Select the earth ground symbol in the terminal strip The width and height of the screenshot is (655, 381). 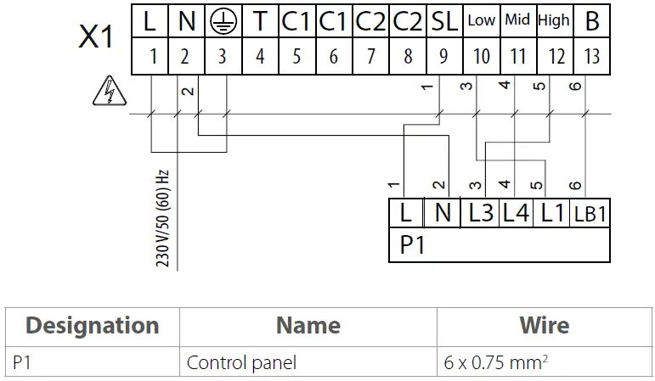point(223,22)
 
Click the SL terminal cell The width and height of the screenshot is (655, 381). point(443,22)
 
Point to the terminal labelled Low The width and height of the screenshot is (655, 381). point(481,21)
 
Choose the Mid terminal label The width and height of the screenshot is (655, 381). point(517,20)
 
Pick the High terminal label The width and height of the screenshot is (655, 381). point(554,20)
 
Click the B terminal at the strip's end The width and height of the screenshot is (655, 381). point(592,22)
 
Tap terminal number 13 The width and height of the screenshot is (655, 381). point(592,56)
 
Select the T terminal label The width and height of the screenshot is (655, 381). point(260,22)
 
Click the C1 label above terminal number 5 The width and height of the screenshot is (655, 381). point(296,22)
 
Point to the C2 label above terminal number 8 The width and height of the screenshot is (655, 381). point(408,22)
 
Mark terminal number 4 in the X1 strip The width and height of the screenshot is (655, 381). point(260,56)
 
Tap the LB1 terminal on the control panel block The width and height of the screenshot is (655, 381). point(590,214)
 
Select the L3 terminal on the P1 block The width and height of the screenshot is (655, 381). point(480,214)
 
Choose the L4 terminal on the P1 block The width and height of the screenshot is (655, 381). point(516,214)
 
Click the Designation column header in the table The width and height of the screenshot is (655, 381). point(92,325)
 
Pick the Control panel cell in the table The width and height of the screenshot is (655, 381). point(242,362)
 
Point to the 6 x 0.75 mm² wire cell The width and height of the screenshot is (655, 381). point(495,362)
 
